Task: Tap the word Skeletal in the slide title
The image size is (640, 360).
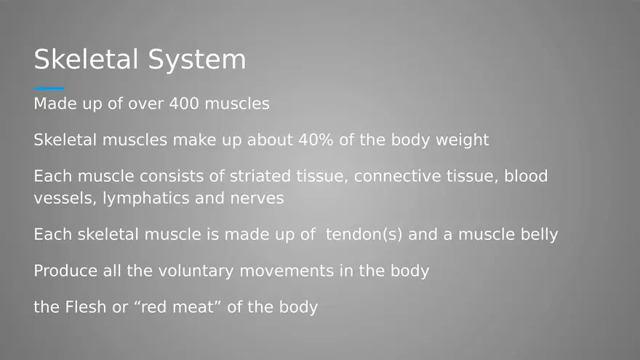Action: click(87, 60)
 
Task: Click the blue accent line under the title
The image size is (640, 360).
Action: click(49, 89)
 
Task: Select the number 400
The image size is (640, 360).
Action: click(184, 104)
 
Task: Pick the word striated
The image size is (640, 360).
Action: click(257, 176)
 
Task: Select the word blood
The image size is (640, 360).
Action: click(526, 176)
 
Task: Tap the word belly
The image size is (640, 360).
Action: click(537, 235)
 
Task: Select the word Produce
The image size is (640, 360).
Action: click(64, 271)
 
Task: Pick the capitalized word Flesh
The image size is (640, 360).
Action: click(85, 307)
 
